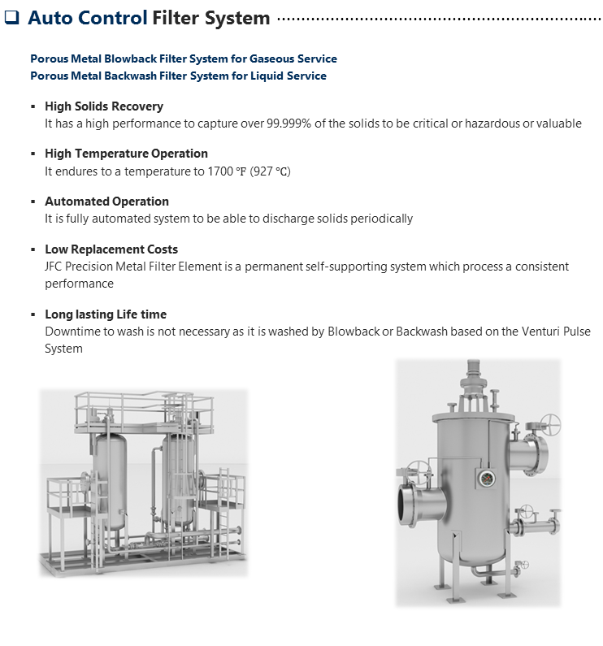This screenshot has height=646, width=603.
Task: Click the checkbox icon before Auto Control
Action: coord(11,18)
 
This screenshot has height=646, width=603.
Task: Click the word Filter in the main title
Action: coord(180,18)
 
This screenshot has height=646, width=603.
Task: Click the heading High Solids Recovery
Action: coord(103,106)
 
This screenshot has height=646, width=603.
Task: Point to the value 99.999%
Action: coord(279,124)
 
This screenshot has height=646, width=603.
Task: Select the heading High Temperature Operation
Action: coord(126,154)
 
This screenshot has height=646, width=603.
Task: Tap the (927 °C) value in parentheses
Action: coord(270,171)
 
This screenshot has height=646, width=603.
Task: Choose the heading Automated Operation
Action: coord(106,202)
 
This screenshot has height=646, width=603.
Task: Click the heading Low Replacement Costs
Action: coord(111,249)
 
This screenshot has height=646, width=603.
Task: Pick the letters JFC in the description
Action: coord(55,267)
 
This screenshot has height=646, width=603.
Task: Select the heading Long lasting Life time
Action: coord(105,314)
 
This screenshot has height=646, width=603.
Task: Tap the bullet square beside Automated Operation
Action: coord(33,202)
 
